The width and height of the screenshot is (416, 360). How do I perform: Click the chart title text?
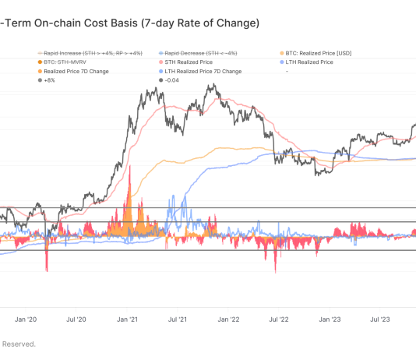[129, 23]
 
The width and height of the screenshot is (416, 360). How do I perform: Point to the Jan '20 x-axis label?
[26, 319]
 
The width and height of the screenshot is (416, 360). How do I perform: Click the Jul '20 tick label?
[76, 319]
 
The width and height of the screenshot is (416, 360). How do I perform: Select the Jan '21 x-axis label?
[127, 319]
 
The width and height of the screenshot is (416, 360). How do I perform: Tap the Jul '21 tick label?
[177, 319]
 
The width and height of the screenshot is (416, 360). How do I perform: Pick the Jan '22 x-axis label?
[227, 319]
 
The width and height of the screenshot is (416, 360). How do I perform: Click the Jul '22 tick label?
[277, 319]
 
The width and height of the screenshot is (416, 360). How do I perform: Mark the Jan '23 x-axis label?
[328, 319]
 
